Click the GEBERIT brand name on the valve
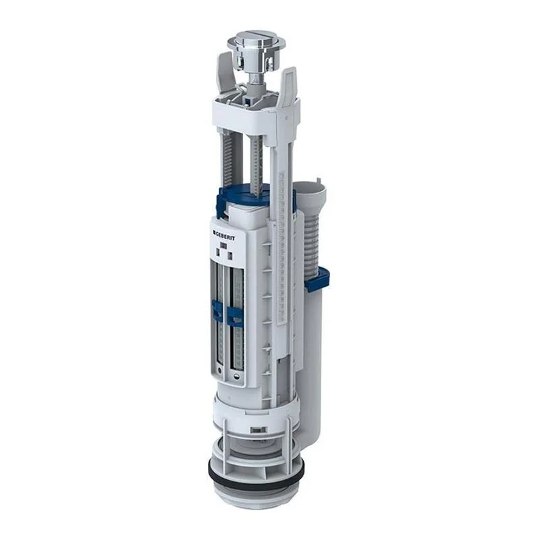224,236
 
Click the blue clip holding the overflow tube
317,279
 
